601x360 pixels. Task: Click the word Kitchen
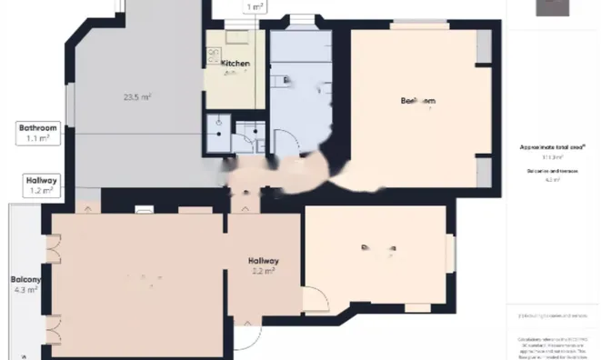coord(235,63)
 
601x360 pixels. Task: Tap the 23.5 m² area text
coord(137,96)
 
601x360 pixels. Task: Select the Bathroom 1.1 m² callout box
coord(38,134)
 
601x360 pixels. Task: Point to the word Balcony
coord(25,279)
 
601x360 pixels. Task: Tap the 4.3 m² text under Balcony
coord(25,290)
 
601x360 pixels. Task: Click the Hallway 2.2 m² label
coord(265,265)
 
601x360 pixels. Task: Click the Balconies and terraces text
coord(552,170)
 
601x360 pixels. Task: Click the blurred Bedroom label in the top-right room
coord(418,100)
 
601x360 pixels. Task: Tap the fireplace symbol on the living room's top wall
coord(145,210)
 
